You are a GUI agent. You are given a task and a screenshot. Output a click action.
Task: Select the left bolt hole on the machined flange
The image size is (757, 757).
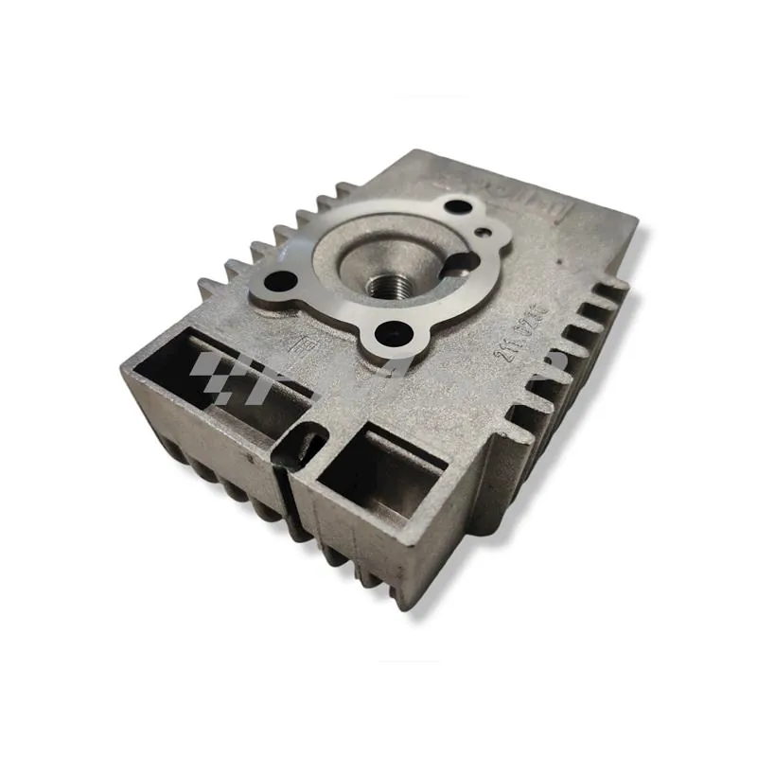click(281, 280)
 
